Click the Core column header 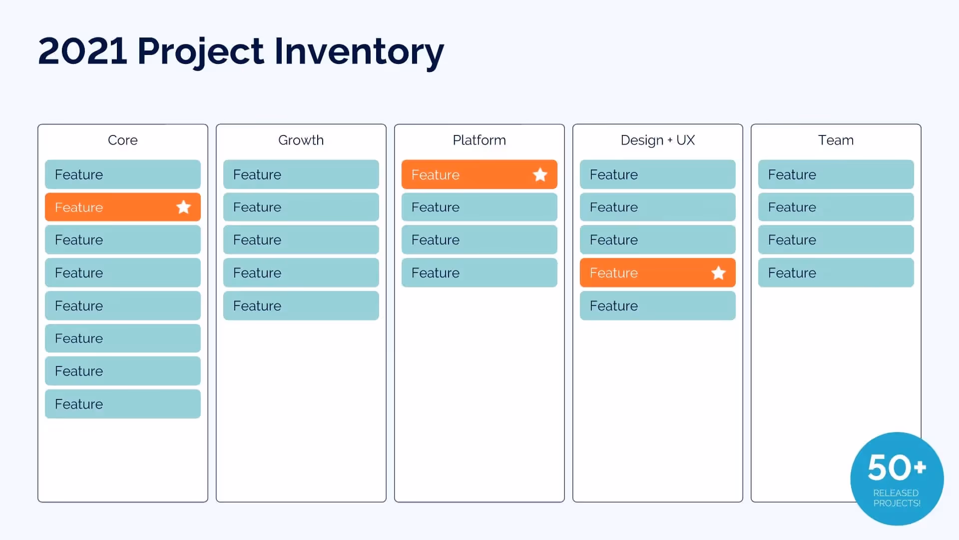122,140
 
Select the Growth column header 301,140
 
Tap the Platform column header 479,140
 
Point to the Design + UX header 657,140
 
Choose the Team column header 836,140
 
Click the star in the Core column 184,207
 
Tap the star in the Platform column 540,174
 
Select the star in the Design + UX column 718,272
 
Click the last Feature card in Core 122,404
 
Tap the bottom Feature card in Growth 301,305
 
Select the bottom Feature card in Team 836,272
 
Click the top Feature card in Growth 301,174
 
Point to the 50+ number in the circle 897,467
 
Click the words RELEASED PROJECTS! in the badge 897,498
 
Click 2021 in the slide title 82,51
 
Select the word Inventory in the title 359,52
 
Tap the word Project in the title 200,52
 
